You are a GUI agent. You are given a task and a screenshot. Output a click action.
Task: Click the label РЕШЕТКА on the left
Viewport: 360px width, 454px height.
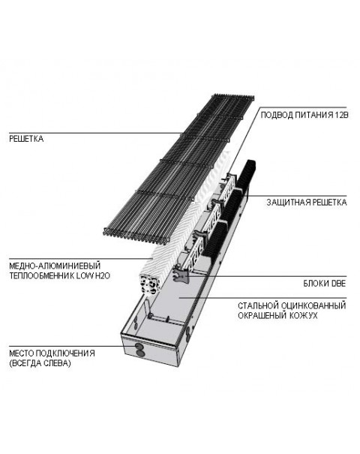(x=26, y=139)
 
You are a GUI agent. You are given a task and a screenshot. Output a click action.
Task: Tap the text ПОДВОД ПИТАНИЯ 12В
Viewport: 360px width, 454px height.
(x=304, y=115)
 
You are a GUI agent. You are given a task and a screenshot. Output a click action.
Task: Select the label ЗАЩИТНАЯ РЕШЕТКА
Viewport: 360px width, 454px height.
(x=307, y=202)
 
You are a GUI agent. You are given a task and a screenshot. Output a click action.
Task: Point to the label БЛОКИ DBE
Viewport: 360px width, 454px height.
(x=325, y=283)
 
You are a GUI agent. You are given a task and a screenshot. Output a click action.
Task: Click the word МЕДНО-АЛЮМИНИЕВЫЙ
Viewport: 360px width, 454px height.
(x=55, y=266)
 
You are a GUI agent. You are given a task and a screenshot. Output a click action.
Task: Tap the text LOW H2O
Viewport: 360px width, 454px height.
(x=93, y=275)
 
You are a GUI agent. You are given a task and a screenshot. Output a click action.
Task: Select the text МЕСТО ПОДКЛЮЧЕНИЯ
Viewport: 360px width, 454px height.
(x=52, y=353)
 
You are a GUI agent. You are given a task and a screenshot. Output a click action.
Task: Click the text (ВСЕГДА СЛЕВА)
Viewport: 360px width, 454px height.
(x=40, y=363)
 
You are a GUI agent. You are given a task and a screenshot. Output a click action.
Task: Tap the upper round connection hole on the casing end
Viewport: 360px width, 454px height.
(x=139, y=347)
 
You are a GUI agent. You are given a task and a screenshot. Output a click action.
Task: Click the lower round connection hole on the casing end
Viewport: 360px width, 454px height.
(x=139, y=353)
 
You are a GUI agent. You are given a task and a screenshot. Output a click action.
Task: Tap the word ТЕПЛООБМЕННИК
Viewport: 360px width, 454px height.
(x=41, y=275)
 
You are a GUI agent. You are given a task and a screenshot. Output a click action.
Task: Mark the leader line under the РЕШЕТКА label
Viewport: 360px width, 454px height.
(x=96, y=133)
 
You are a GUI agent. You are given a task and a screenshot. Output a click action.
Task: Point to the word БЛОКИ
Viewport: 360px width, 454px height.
(x=314, y=283)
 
